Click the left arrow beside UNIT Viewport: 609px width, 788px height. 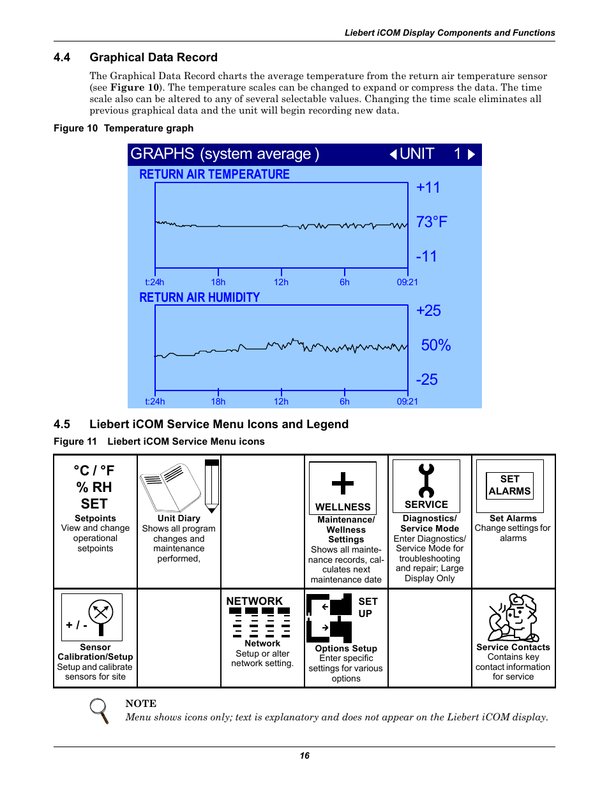393,154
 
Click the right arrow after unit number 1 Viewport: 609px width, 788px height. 471,154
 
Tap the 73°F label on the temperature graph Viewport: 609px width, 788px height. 432,222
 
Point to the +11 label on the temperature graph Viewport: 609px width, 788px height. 428,188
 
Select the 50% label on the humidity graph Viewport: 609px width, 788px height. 435,345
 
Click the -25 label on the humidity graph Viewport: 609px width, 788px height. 426,380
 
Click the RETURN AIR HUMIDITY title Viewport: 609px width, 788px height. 199,297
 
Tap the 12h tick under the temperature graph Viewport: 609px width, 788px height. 281,282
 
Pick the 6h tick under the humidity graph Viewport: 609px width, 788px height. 344,401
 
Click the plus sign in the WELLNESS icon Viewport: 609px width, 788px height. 343,483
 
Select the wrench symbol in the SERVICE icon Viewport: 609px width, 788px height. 426,480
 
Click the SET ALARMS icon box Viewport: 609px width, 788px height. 509,486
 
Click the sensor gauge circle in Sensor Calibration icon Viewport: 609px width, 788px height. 101,613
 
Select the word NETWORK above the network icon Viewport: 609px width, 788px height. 254,601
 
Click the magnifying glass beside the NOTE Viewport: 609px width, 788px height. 99,710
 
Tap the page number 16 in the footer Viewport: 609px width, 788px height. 304,755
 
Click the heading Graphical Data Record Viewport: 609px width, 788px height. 153,57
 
